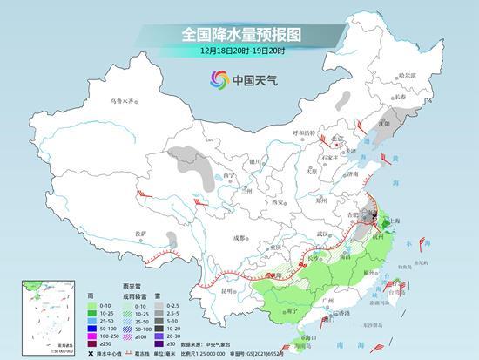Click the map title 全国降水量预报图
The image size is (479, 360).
[x=239, y=34]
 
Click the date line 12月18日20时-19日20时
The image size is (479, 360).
[x=239, y=53]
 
